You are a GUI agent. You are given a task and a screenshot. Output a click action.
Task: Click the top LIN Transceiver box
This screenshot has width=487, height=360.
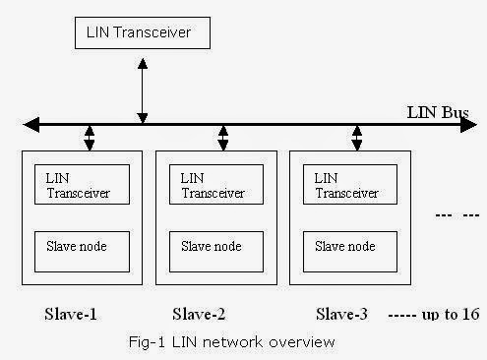[144, 34]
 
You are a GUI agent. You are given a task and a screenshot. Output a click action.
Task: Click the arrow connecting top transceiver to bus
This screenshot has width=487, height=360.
[144, 89]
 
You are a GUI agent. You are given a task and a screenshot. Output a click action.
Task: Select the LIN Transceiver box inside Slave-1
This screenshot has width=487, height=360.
[82, 184]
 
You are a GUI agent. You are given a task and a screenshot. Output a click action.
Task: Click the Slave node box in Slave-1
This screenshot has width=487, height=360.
[82, 252]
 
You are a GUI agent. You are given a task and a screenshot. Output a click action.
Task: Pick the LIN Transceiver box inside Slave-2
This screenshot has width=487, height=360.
[216, 184]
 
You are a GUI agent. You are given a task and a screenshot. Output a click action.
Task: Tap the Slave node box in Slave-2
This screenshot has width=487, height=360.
[216, 252]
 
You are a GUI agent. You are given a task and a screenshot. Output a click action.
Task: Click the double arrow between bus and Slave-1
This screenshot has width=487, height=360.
[90, 138]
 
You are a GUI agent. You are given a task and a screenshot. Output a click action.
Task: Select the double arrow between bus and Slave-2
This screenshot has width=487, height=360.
[223, 138]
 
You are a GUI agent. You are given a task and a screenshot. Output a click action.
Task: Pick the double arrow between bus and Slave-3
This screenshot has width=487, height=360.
[357, 138]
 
